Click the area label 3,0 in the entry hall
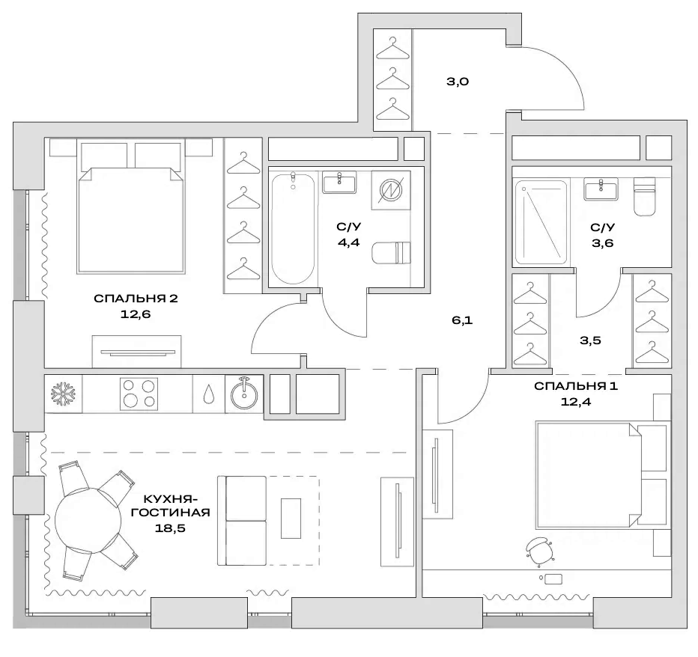pyautogui.click(x=457, y=82)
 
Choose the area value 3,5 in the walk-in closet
pyautogui.click(x=591, y=340)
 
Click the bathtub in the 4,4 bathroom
pyautogui.click(x=291, y=227)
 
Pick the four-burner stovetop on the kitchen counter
pyautogui.click(x=138, y=394)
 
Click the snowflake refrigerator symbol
pyautogui.click(x=59, y=394)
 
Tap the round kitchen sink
pyautogui.click(x=244, y=394)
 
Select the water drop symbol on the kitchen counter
pyautogui.click(x=207, y=394)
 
